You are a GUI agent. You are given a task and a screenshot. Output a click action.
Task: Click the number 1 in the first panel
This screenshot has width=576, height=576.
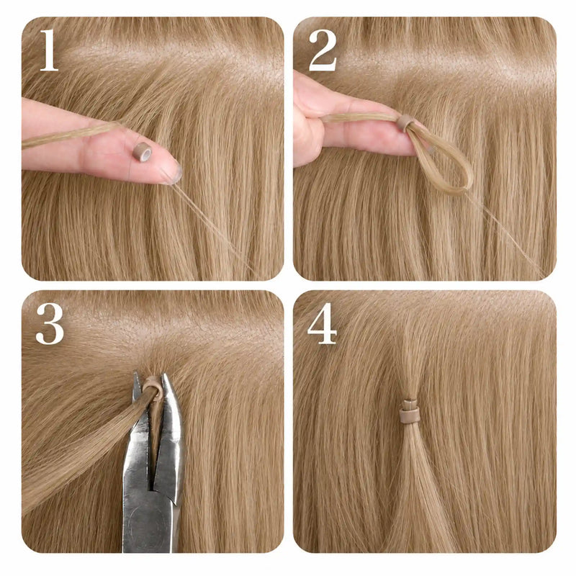[x=49, y=50]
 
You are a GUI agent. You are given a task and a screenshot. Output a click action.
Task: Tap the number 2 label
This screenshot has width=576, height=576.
[x=323, y=50]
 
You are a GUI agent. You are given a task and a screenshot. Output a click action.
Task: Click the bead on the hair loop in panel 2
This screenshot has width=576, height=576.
[x=405, y=122]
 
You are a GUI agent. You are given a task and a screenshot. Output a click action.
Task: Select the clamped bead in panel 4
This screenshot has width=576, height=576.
[x=410, y=410]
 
